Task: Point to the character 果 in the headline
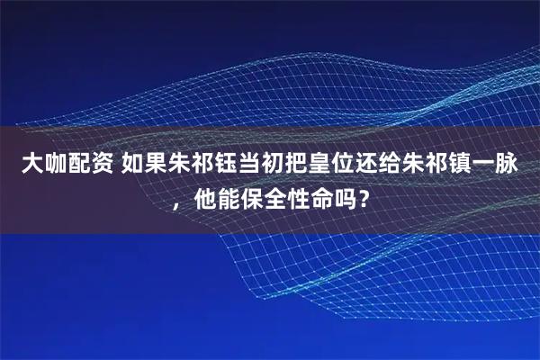(152, 164)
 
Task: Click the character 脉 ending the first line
(503, 164)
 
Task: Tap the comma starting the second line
(181, 202)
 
